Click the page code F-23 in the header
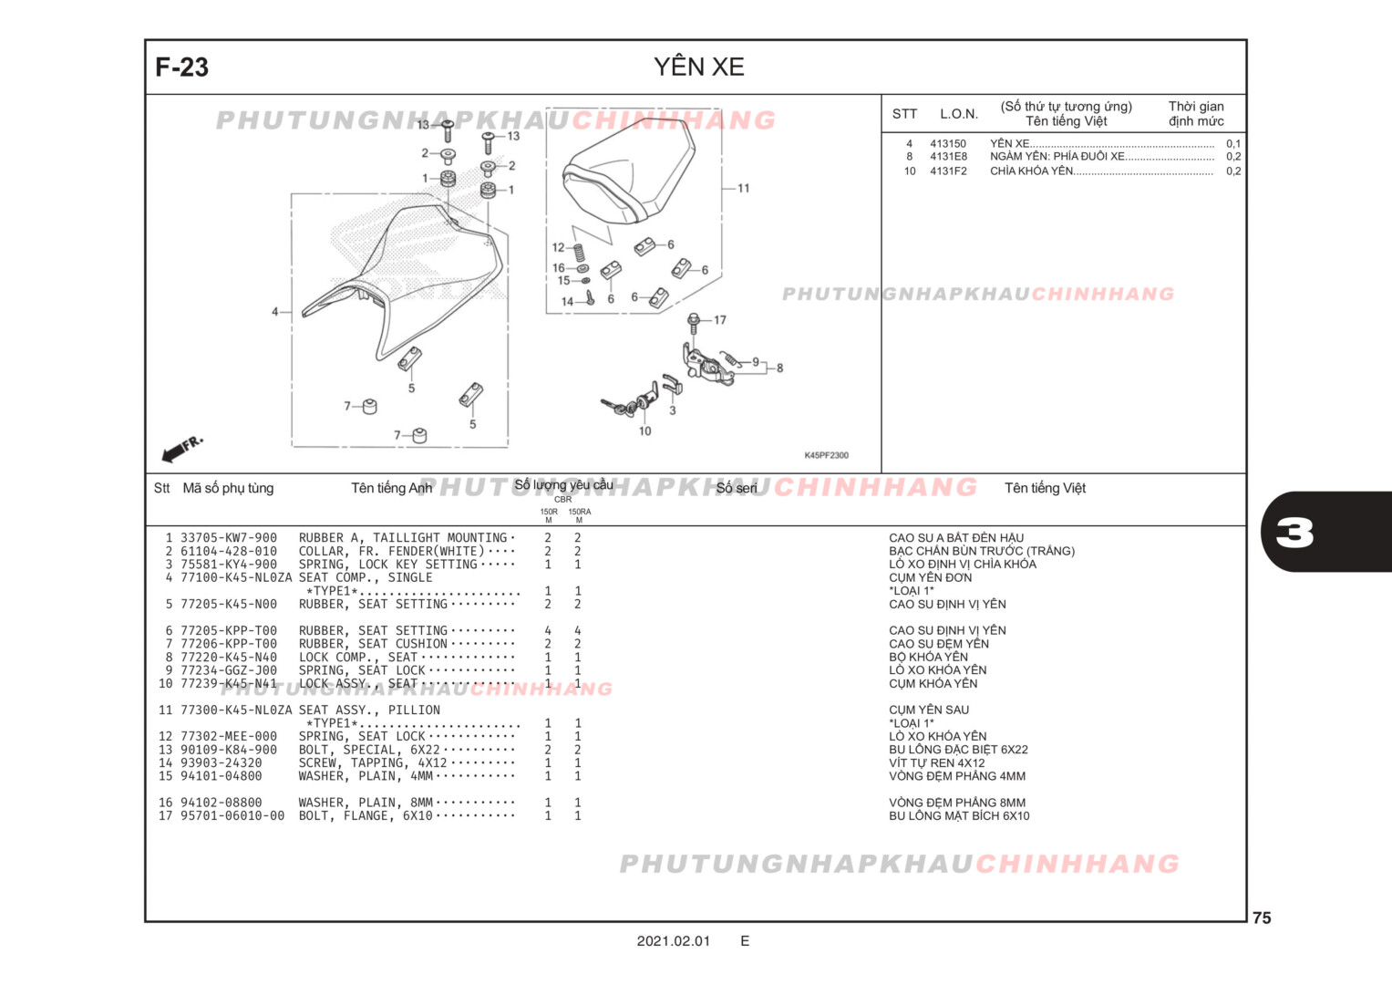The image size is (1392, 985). (x=181, y=67)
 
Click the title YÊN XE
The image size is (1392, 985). (x=698, y=67)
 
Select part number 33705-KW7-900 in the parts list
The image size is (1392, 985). (x=228, y=538)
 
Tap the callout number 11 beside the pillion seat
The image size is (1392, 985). (x=743, y=189)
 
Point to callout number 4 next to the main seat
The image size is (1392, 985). (x=274, y=312)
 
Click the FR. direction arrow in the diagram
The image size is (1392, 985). (x=181, y=449)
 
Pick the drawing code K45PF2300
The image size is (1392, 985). (x=826, y=455)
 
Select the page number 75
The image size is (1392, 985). (x=1262, y=918)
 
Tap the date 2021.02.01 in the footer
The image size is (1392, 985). (x=673, y=941)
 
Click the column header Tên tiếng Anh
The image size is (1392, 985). (x=391, y=489)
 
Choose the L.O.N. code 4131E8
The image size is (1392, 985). (x=948, y=157)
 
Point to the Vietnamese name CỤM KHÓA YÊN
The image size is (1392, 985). (x=933, y=684)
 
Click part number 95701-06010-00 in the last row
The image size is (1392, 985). (x=232, y=816)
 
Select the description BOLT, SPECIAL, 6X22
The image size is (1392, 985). (x=369, y=750)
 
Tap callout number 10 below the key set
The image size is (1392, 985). (x=644, y=431)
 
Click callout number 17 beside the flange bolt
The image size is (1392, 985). (x=720, y=320)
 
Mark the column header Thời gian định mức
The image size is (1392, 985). (x=1196, y=114)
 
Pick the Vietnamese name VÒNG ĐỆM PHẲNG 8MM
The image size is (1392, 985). (x=957, y=803)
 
